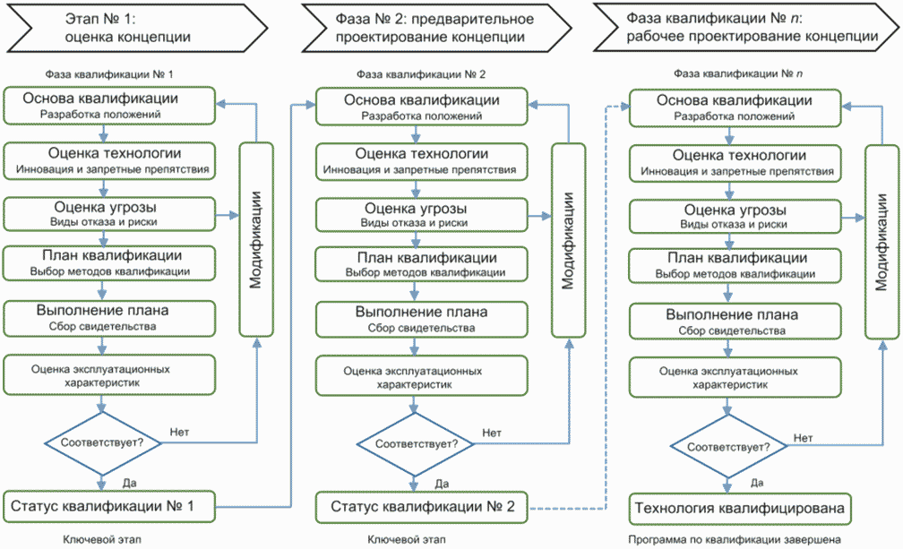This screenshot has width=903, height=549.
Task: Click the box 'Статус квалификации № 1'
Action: coord(109,506)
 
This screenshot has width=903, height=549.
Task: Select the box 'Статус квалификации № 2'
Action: coord(422,507)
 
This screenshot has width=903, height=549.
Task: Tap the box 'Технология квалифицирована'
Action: coord(739,509)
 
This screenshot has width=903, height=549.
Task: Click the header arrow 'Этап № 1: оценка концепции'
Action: coord(137,28)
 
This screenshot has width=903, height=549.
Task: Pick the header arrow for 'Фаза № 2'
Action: coord(436,28)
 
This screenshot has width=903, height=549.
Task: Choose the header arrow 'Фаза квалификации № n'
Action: coord(746,27)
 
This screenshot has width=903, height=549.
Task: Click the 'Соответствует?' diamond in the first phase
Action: coord(102,442)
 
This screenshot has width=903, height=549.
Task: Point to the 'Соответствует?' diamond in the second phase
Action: coord(415,443)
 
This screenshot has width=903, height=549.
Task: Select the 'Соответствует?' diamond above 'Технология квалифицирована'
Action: coord(728,447)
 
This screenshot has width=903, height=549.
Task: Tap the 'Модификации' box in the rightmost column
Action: coord(882,242)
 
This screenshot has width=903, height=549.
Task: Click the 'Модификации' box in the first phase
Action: coord(256,239)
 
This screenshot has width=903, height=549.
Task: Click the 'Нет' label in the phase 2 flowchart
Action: coord(492,433)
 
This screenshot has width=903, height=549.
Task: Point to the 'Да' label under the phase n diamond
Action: coord(757,483)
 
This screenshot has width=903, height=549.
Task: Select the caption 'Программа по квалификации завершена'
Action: coord(735,540)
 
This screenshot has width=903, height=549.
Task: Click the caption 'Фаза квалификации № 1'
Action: coord(109,74)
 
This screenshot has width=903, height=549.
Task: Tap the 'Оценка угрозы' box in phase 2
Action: coord(422,215)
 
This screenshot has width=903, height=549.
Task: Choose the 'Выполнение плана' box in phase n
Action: coord(735,322)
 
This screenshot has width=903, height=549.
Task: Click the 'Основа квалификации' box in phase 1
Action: coord(109,106)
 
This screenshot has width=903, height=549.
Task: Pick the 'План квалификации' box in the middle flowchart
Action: coord(422,264)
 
